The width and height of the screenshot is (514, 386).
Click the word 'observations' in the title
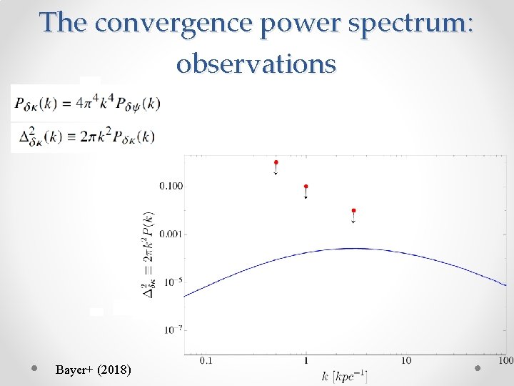click(x=256, y=64)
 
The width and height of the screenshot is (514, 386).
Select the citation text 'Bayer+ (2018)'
click(x=93, y=370)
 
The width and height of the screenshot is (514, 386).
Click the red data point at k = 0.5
click(x=276, y=163)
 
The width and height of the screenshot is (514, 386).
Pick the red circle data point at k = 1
click(x=306, y=187)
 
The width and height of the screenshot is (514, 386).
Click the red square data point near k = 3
click(x=353, y=211)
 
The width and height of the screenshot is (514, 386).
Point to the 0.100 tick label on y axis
click(x=171, y=186)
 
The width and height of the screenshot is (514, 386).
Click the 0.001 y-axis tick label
click(x=171, y=234)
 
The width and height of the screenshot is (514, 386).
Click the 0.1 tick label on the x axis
click(x=206, y=361)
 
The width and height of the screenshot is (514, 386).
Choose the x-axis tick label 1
click(x=306, y=361)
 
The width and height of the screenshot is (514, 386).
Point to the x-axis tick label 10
click(x=405, y=361)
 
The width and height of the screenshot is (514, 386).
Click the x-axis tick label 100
click(x=505, y=361)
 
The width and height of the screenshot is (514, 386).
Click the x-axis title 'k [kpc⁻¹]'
click(x=344, y=375)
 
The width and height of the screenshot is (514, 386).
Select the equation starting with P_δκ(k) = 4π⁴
click(x=86, y=104)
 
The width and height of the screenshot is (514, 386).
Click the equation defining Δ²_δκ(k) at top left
click(x=84, y=136)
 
